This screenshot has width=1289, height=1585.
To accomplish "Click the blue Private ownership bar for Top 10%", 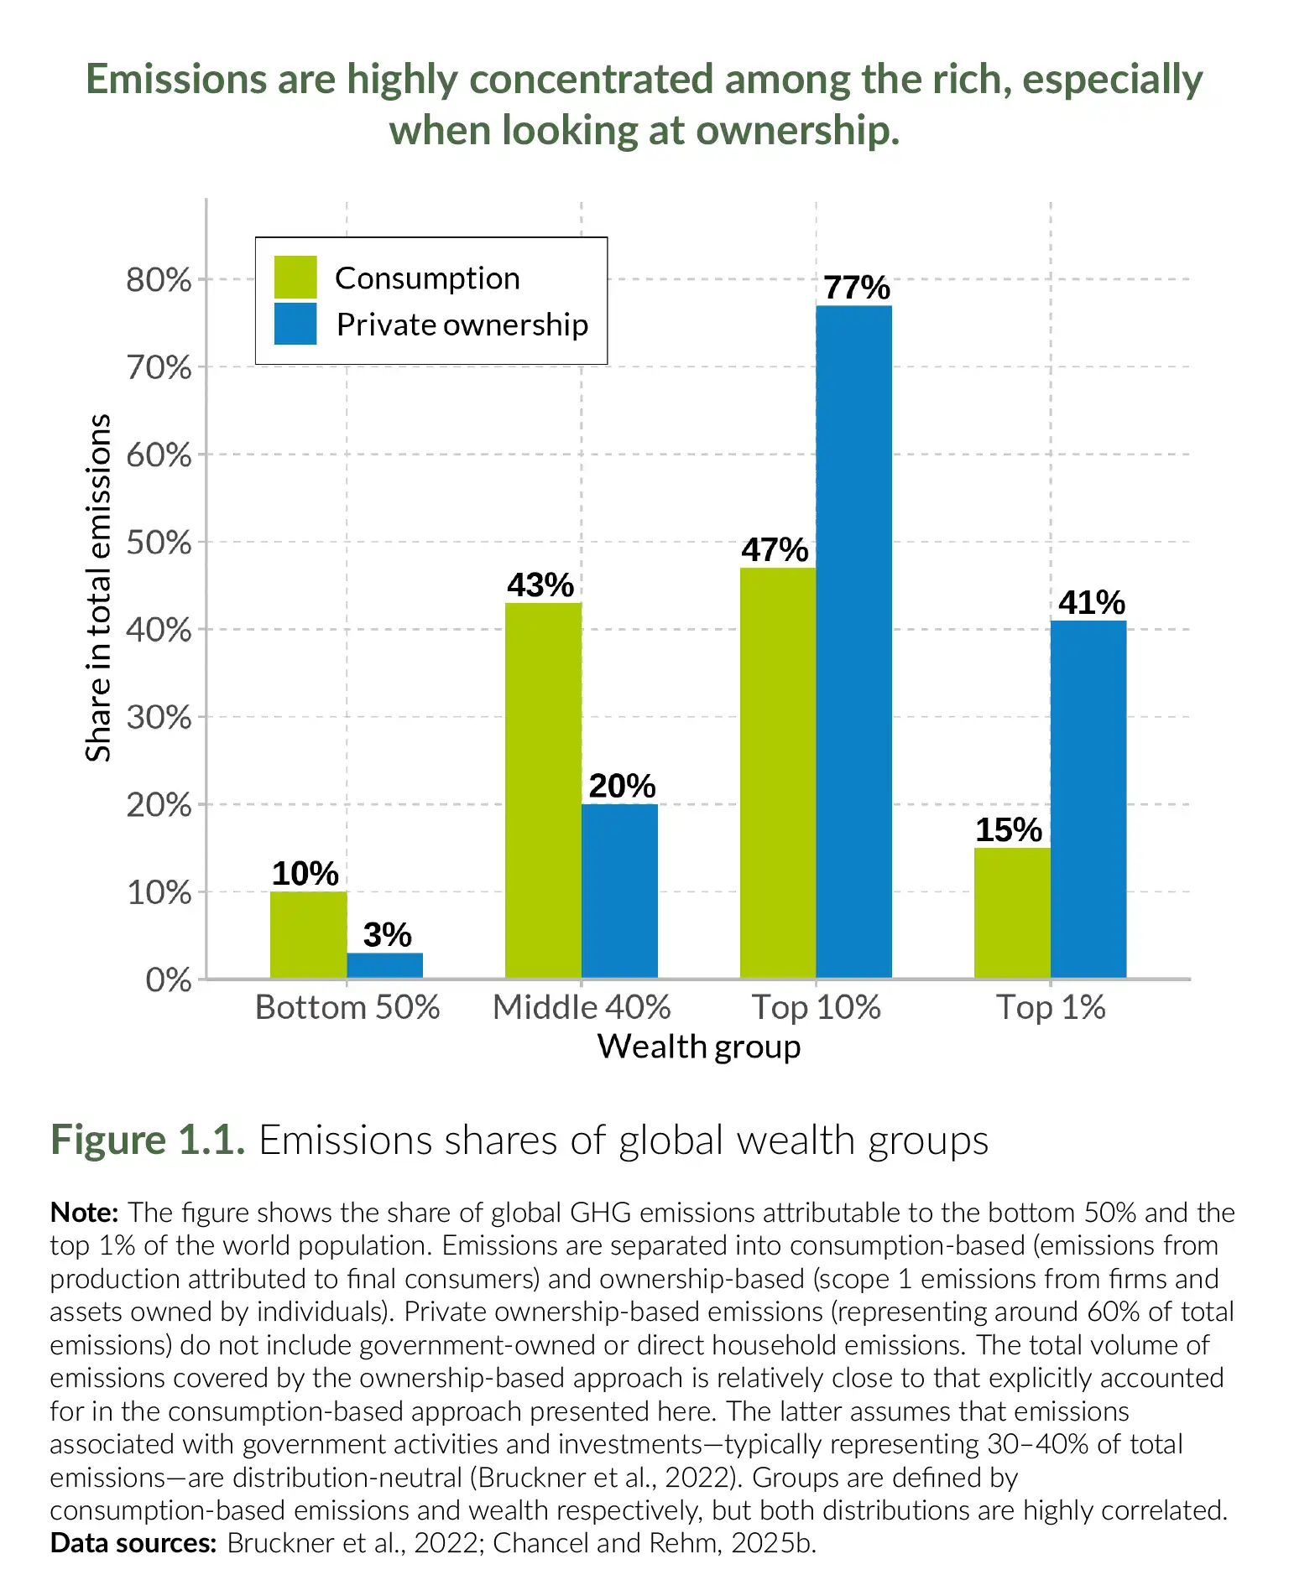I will point(853,642).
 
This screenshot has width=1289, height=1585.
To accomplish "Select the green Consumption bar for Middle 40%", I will point(543,790).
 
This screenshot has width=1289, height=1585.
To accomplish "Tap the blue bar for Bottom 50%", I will point(384,965).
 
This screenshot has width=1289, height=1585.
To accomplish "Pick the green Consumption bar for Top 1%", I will point(1011,912).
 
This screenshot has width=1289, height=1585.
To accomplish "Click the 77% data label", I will point(856,288).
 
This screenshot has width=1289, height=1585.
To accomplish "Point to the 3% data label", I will point(387,935).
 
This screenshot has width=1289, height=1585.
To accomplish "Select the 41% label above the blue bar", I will point(1091,603).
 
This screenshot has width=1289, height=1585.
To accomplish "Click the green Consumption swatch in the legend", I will point(295,278).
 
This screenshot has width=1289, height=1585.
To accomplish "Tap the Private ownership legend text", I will point(462,325).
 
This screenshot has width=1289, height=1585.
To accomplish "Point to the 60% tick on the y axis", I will point(159,455).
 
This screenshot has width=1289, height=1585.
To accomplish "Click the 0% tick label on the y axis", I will point(168,980).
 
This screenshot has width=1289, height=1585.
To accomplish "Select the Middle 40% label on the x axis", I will point(582,1007).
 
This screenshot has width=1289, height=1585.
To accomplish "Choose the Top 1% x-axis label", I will point(1051,1007).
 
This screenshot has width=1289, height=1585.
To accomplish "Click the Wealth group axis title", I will point(698,1047).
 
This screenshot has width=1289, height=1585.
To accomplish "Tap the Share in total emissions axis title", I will point(98,587).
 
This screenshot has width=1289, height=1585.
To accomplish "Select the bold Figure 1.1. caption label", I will point(148,1141).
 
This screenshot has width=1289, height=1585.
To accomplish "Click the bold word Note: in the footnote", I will point(85,1213).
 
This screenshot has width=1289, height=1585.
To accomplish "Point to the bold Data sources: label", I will point(133,1543).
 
